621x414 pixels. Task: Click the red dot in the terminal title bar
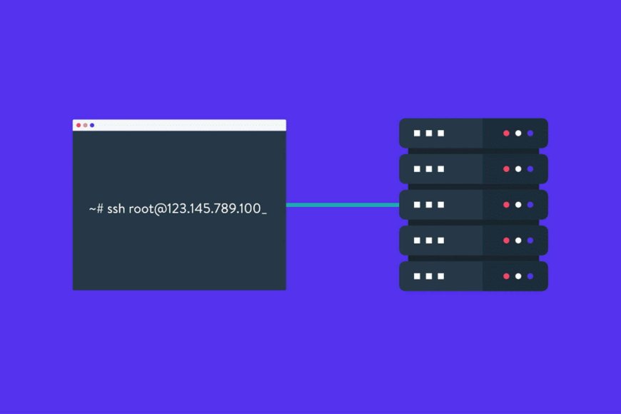(79, 125)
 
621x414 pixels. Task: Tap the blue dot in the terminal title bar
(92, 125)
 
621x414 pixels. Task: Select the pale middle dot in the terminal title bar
(85, 125)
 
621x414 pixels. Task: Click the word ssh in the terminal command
(116, 208)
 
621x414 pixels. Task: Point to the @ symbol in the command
(160, 208)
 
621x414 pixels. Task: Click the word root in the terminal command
(141, 208)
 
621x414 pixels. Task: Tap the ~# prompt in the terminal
(96, 208)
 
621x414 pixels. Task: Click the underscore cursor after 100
(264, 214)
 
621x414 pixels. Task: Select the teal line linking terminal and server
(343, 205)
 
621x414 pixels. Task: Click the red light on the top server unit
(506, 133)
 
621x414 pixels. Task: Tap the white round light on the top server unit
(518, 133)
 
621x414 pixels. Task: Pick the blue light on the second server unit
(530, 168)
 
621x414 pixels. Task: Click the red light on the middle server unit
(506, 205)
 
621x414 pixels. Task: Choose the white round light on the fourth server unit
(518, 241)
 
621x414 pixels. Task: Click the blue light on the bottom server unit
(530, 276)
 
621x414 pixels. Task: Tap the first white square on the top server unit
(417, 133)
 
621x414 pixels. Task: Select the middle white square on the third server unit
(429, 205)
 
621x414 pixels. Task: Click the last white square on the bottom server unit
(441, 276)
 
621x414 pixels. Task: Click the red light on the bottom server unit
(506, 276)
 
